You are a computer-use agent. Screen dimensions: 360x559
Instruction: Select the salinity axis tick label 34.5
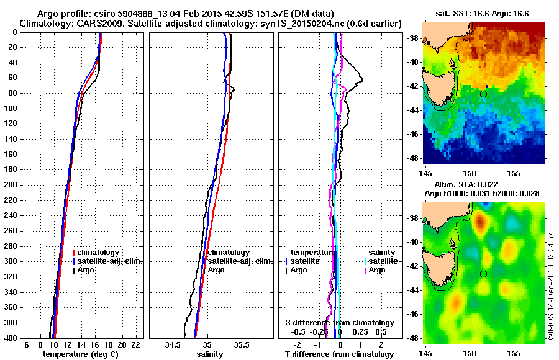173,344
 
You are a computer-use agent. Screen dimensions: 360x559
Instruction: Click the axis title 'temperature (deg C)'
80,354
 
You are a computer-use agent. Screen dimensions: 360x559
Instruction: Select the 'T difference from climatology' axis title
339,354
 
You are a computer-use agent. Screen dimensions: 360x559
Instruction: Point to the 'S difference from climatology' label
339,323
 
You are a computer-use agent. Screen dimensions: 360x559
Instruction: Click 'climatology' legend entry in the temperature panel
99,253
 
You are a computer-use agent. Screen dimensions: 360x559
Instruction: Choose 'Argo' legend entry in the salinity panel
216,270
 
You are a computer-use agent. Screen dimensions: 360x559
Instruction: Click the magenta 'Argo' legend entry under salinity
377,270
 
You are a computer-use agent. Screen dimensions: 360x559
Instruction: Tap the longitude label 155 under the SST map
514,171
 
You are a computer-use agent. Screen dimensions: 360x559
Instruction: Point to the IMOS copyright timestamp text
551,286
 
